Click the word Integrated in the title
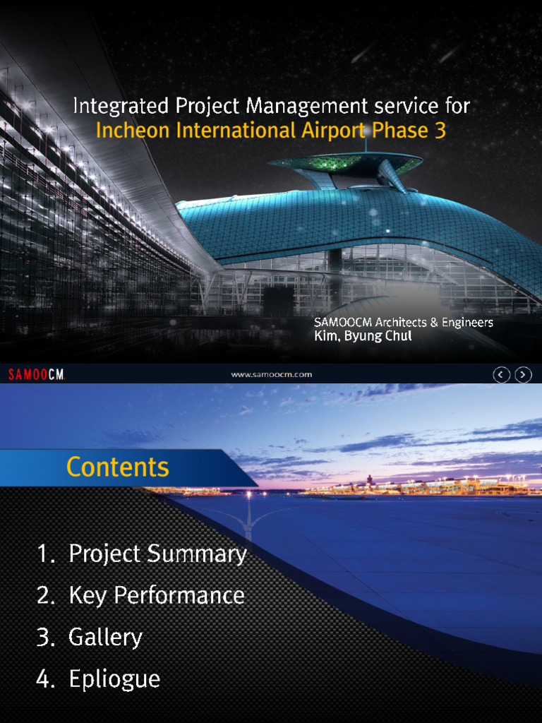click(x=111, y=107)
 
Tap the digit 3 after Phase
click(x=440, y=131)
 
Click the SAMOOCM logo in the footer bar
click(x=36, y=374)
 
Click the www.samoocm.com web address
click(x=272, y=374)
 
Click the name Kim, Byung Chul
click(x=363, y=337)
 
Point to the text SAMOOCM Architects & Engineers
click(x=403, y=323)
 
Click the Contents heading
click(x=118, y=467)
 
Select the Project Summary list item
click(x=157, y=554)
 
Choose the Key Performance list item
click(x=156, y=596)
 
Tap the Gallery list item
click(x=105, y=638)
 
